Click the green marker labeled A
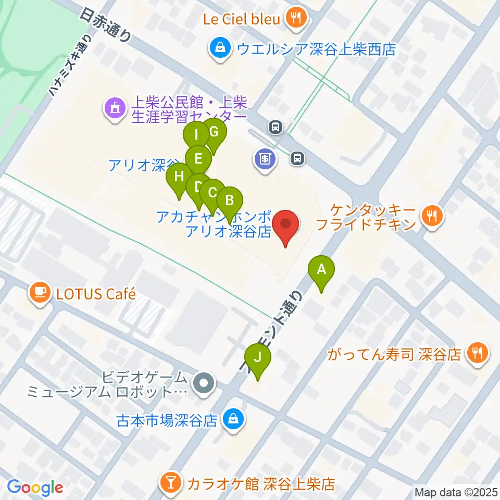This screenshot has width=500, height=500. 321,270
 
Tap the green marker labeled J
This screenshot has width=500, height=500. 257,358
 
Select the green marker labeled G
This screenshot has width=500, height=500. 214,132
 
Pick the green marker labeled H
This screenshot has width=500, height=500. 179,176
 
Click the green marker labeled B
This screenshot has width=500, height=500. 230,199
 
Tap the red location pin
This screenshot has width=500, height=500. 286,224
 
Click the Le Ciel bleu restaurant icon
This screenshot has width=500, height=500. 296,19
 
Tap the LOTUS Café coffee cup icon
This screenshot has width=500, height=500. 40,293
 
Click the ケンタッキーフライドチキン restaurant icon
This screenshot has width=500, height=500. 431,215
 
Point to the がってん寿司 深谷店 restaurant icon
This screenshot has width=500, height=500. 477,354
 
